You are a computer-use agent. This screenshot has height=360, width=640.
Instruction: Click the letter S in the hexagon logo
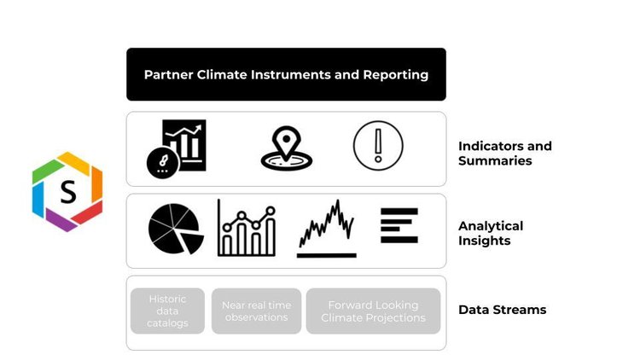(x=68, y=192)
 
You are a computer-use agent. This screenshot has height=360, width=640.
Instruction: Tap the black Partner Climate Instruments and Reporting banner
(x=286, y=74)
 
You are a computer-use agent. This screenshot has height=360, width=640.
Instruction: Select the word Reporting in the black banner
(x=395, y=75)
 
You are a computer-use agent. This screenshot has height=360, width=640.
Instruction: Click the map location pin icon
(x=287, y=148)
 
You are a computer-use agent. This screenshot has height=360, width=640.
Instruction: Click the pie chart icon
(x=176, y=229)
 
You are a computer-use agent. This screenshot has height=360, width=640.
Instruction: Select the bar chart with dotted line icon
(x=247, y=228)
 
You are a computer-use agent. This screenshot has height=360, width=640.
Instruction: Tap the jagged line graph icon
(x=327, y=229)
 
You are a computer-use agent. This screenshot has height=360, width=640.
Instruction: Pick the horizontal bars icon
(x=399, y=226)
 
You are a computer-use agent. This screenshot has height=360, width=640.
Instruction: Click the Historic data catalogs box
(x=167, y=311)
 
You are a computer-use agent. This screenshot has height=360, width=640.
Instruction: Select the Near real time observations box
(x=256, y=311)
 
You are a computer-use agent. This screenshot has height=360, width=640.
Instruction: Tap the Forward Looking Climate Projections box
(x=373, y=311)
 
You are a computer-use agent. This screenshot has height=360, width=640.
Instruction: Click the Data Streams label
(x=502, y=310)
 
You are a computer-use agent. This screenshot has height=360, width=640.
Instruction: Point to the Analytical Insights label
(x=491, y=233)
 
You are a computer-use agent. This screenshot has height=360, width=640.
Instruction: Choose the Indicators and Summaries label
(x=505, y=153)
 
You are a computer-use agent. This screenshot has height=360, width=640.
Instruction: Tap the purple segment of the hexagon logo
(x=60, y=220)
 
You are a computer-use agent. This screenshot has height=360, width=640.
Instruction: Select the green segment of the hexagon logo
(x=47, y=171)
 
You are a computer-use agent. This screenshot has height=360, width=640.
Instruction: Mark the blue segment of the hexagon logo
(x=38, y=200)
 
